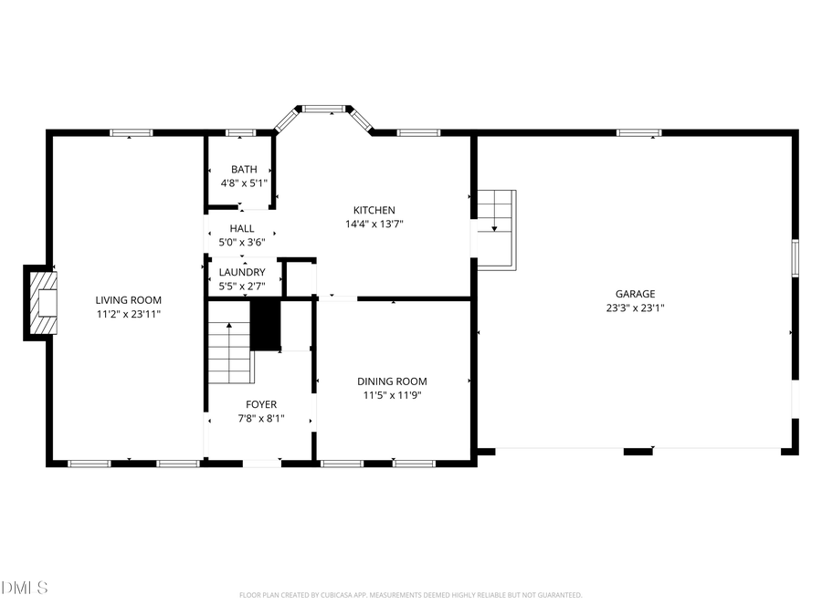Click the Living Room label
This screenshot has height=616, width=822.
pos(129,299)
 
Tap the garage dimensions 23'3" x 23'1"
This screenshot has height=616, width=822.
pos(635,308)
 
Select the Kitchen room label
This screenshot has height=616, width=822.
pos(375,210)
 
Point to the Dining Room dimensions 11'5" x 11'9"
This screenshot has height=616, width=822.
pos(392,395)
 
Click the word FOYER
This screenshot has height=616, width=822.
pos(261,404)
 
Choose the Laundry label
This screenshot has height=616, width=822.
pos(242,272)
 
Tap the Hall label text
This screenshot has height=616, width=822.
pos(242,228)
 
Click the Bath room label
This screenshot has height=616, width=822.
pos(244,169)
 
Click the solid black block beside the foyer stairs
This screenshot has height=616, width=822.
pos(265,323)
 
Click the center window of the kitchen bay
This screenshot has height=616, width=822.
pos(323,110)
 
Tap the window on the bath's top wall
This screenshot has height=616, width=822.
pos(240,133)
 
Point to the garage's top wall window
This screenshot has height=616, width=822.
pos(638,133)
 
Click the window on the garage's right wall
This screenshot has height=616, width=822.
pos(795,257)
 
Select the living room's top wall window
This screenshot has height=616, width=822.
pos(132,133)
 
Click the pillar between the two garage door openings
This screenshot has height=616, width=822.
pos(638,450)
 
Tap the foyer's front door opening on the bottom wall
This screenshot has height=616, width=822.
pos(262,464)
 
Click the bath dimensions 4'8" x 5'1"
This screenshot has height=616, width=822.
pos(244,183)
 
